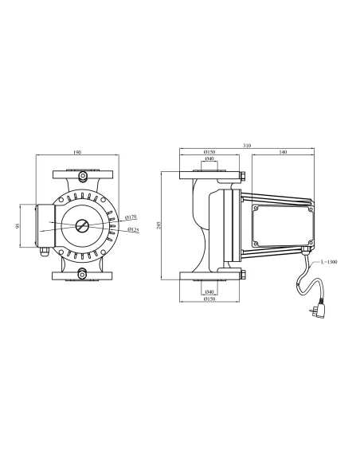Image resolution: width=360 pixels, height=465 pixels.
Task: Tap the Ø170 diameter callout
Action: point(132,217)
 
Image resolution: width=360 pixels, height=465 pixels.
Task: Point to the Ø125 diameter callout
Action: point(133,232)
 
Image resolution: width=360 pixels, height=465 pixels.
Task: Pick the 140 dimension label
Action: point(284,152)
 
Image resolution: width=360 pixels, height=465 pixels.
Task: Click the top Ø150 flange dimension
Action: point(208,152)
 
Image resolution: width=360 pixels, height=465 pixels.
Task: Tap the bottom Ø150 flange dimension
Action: point(208,299)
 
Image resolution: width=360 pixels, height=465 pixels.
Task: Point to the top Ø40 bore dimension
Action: point(208,161)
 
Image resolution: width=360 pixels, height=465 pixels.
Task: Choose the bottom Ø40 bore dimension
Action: point(208,291)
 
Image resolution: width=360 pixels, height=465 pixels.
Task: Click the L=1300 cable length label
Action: point(329,262)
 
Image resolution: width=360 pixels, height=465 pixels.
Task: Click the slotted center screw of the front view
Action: point(82,224)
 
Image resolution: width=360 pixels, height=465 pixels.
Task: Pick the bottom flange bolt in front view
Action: point(82,275)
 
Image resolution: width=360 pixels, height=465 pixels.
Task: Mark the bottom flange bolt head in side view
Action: point(242,276)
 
